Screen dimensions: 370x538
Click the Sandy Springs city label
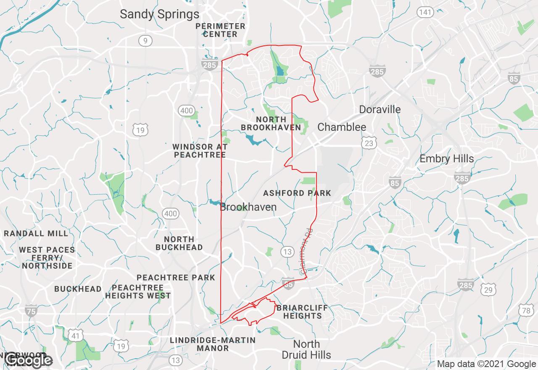click(x=160, y=14)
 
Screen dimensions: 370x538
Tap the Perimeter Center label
click(x=220, y=30)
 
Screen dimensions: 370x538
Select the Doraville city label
click(x=380, y=110)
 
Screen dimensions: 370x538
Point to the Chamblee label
click(x=341, y=127)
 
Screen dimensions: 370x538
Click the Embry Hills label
click(x=446, y=159)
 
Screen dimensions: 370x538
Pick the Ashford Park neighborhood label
click(x=297, y=193)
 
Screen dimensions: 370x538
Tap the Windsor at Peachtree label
click(x=200, y=151)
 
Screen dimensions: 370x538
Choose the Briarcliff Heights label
click(x=302, y=312)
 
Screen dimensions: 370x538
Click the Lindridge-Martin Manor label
click(x=213, y=344)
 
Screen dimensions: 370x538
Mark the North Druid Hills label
click(x=306, y=349)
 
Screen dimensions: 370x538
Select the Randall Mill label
click(x=36, y=233)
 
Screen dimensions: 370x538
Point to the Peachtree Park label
click(x=176, y=277)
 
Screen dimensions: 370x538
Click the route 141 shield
click(x=425, y=12)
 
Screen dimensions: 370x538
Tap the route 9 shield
click(x=145, y=41)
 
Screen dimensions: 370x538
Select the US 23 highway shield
click(x=369, y=143)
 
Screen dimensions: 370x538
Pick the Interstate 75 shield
click(x=31, y=311)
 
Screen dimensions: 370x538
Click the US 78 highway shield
click(x=526, y=311)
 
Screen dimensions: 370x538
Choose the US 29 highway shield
click(x=488, y=290)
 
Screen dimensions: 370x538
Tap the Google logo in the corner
click(x=28, y=360)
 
